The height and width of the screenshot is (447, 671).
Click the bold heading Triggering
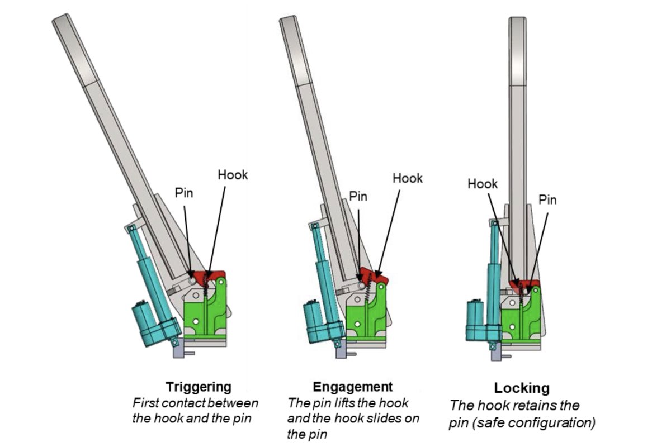(199, 387)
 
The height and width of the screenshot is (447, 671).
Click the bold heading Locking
(522, 388)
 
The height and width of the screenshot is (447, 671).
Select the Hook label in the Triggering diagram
(233, 175)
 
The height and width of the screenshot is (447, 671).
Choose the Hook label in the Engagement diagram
(408, 178)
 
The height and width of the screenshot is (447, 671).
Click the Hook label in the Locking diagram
(483, 183)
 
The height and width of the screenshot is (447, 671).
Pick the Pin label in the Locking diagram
(547, 199)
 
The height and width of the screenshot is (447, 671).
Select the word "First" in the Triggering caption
(144, 403)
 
